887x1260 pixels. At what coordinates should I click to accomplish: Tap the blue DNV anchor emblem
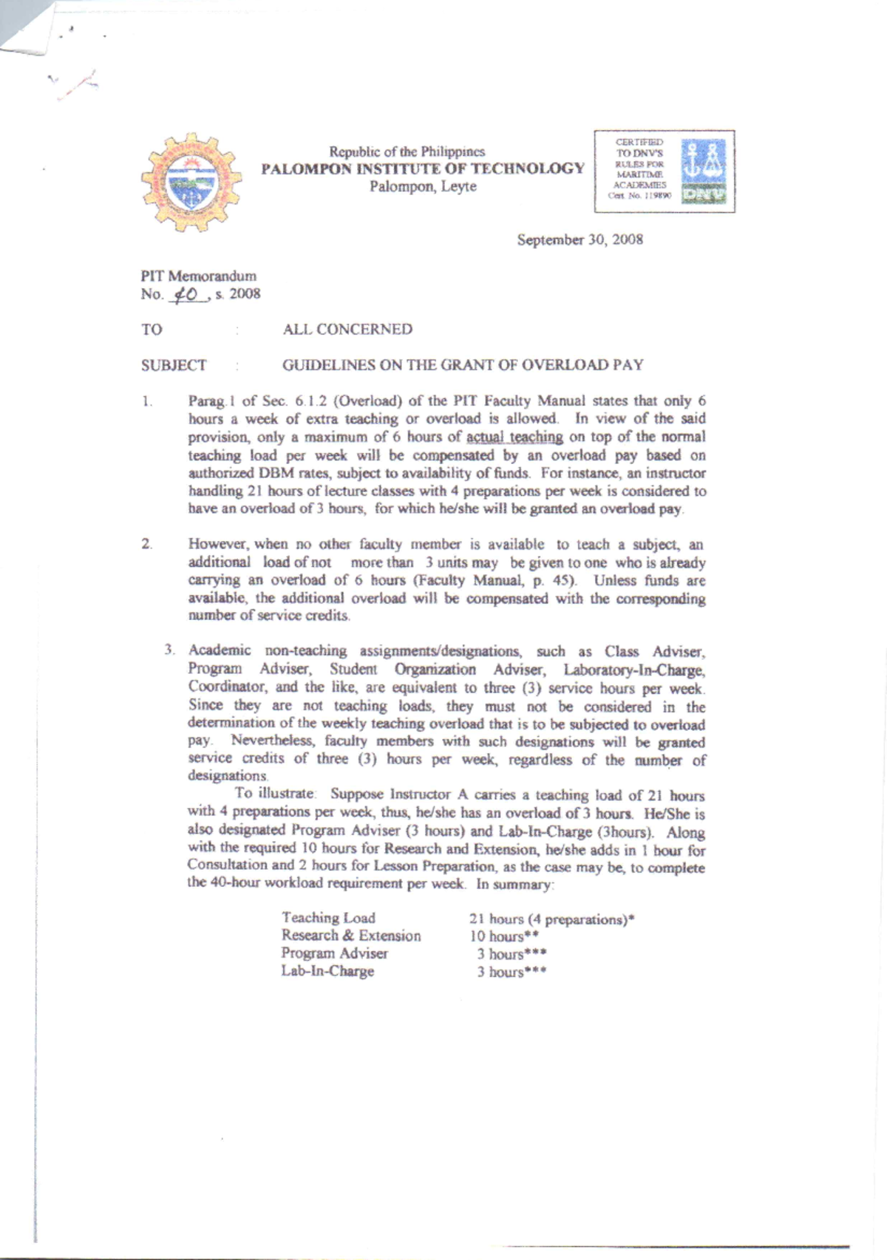point(703,171)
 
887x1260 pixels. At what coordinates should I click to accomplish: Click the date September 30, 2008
point(580,239)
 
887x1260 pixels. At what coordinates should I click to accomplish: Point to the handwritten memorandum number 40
point(183,294)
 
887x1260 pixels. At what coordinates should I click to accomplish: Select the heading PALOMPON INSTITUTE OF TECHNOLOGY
point(422,168)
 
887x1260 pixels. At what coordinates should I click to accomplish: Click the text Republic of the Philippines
point(407,151)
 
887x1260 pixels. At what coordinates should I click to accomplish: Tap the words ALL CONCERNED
point(347,330)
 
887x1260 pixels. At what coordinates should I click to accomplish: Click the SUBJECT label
point(174,365)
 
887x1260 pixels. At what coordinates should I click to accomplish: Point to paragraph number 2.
point(146,545)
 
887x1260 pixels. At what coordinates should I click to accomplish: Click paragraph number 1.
point(147,402)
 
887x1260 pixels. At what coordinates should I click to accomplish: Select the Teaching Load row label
point(328,918)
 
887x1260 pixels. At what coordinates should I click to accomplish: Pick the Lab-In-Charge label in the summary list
point(327,971)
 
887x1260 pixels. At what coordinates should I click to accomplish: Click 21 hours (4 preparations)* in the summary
point(551,919)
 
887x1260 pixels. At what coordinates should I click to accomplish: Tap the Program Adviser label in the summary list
point(334,953)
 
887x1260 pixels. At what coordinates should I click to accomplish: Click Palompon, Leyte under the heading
point(423,186)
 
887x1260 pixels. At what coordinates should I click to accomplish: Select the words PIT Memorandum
point(198,276)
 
